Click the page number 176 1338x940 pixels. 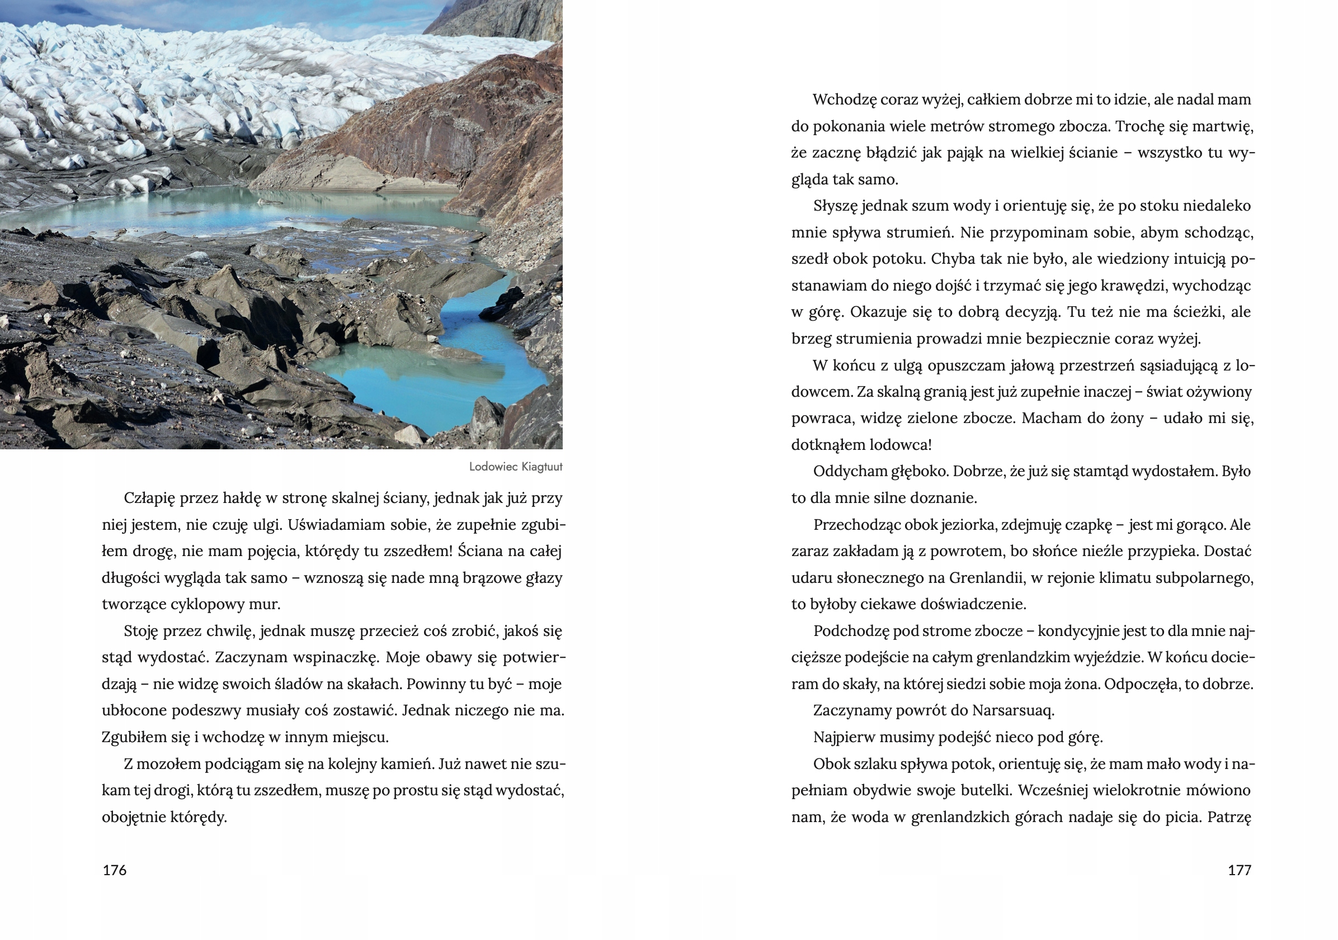click(114, 870)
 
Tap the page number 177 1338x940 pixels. click(1239, 870)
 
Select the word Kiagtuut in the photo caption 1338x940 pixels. click(542, 467)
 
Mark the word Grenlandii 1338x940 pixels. click(986, 578)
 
